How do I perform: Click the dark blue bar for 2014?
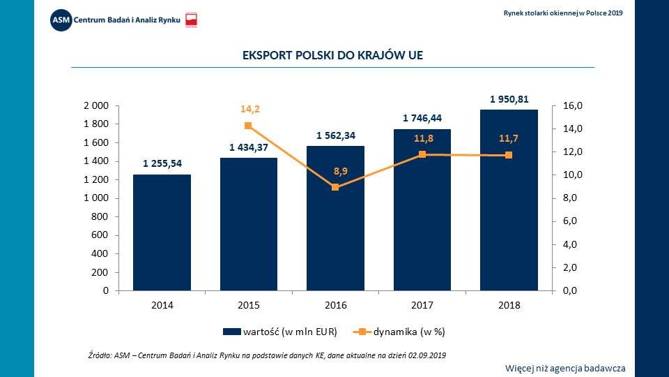tap(162, 232)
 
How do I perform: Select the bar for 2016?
tap(335, 218)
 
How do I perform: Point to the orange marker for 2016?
tap(335, 187)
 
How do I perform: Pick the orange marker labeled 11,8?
tap(422, 154)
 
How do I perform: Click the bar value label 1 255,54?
tap(162, 163)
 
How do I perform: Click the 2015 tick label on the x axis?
tap(249, 305)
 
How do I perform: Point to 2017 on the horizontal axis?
tap(422, 305)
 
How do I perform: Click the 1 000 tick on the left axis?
tap(96, 198)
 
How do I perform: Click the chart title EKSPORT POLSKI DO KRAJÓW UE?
tap(332, 54)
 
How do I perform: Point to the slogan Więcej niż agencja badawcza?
tap(565, 368)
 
